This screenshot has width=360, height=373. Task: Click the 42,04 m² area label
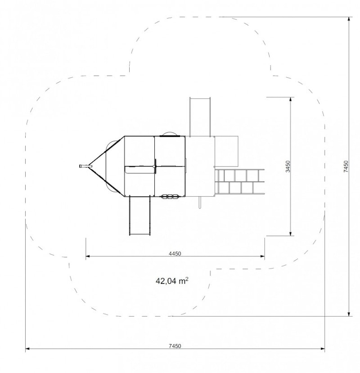[x=172, y=281]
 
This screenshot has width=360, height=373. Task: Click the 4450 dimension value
[x=175, y=254]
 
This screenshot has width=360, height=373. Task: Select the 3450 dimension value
[x=288, y=166]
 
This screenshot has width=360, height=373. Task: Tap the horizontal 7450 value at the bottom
[x=175, y=346]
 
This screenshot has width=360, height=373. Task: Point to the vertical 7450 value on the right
[x=346, y=166]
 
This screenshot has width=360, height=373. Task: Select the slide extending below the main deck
[x=139, y=216]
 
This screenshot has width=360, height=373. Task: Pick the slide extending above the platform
[x=200, y=117]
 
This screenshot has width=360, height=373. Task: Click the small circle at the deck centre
[x=154, y=166]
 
